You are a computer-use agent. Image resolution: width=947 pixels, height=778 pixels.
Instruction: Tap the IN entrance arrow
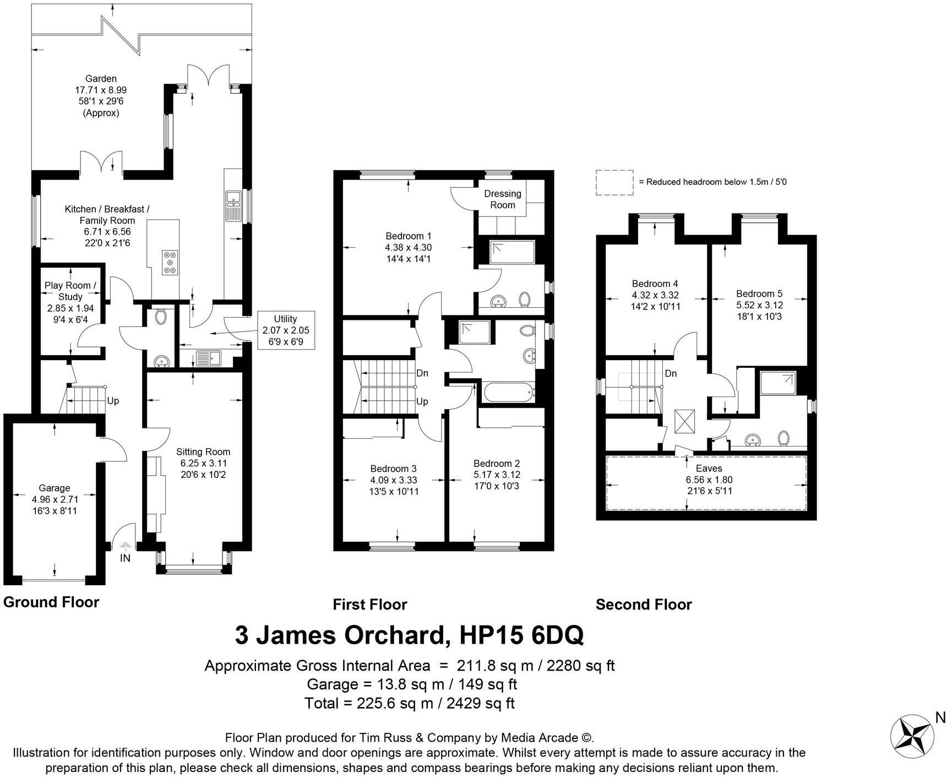tap(126, 547)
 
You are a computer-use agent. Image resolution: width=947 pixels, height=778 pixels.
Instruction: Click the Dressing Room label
tap(502, 199)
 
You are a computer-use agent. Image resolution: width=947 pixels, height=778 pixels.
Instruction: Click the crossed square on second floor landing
tap(685, 422)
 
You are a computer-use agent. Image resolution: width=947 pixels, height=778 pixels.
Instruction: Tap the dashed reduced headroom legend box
tap(614, 182)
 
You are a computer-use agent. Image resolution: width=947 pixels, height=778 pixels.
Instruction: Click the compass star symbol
tap(912, 736)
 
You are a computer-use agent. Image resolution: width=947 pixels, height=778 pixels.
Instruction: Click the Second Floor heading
tap(643, 605)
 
